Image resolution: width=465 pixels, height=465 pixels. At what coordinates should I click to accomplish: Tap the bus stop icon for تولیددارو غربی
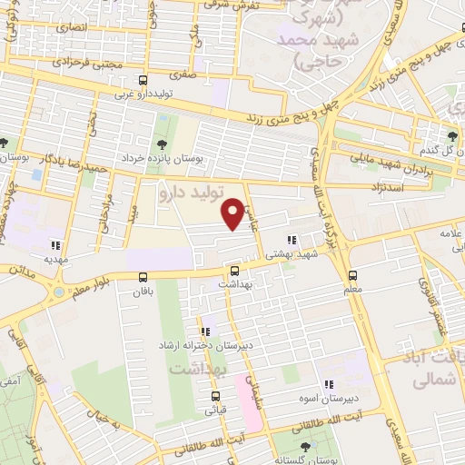(143, 80)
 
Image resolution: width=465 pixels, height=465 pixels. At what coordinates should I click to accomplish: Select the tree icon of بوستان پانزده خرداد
(162, 143)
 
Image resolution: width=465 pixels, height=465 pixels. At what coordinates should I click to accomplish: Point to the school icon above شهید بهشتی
(292, 241)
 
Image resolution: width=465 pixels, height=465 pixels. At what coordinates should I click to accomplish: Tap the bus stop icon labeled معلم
(352, 275)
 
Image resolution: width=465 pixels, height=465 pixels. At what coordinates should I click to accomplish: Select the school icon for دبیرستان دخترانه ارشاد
(205, 331)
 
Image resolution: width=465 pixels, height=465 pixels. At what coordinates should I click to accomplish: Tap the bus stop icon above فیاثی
(215, 396)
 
